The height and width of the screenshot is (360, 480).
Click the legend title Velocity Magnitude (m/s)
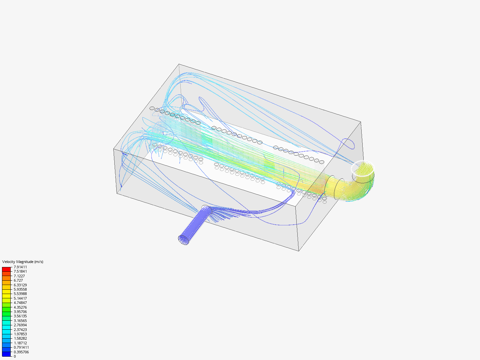(x=23, y=262)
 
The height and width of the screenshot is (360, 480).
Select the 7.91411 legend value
(x=20, y=267)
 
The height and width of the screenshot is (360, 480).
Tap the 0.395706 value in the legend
(x=21, y=352)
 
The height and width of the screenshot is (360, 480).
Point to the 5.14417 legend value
(x=20, y=298)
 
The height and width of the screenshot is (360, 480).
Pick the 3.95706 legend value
(x=20, y=312)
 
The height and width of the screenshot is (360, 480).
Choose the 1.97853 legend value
(x=20, y=334)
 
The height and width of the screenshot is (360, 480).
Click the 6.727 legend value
(x=18, y=280)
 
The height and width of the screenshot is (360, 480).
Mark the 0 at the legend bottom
(x=15, y=356)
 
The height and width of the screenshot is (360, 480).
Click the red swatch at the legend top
(x=6, y=269)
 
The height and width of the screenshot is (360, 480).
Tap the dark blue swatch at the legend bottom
(x=6, y=354)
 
